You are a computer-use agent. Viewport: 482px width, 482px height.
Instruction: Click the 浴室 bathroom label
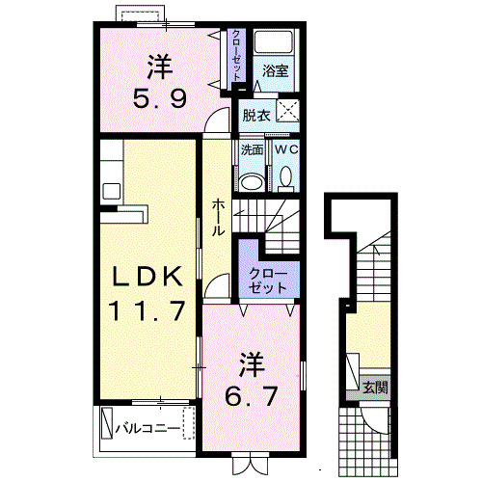[x=276, y=70]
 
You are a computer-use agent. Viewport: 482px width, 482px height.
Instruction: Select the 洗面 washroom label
[x=253, y=150]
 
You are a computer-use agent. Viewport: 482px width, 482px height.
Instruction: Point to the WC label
[x=286, y=150]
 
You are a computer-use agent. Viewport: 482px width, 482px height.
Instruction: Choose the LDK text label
[x=147, y=278]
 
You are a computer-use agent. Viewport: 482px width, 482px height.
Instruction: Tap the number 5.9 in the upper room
[x=160, y=97]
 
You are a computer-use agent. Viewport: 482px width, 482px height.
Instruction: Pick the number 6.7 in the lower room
[x=252, y=395]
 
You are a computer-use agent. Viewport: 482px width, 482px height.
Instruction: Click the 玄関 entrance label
[x=376, y=388]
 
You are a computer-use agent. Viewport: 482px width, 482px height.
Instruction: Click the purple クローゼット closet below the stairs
[x=269, y=273]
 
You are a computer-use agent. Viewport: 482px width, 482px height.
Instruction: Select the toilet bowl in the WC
[x=286, y=176]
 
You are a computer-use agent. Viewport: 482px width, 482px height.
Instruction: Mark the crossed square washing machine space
[x=286, y=109]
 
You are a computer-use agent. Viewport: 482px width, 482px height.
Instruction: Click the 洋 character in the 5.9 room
[x=160, y=67]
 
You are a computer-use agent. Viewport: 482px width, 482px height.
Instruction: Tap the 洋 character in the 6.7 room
[x=252, y=364]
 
